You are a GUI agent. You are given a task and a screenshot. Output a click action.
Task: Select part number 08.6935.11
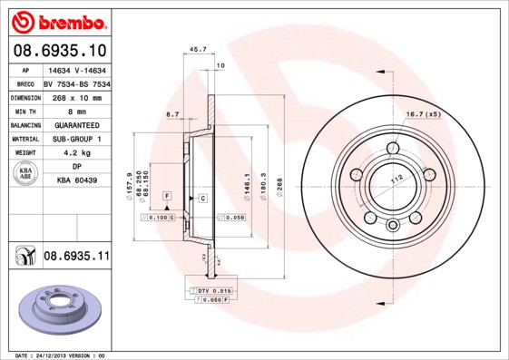pos(75,257)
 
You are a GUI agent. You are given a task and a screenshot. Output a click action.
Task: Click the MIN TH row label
pos(24,110)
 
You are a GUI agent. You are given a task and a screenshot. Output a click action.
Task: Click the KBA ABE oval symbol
pos(24,174)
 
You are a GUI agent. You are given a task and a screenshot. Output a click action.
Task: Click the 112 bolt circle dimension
pos(396,180)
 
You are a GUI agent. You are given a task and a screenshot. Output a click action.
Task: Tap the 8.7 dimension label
pos(171,114)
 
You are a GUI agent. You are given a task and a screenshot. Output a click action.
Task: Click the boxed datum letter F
pos(167,196)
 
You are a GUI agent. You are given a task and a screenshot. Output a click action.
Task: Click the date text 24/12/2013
pos(60,355)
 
